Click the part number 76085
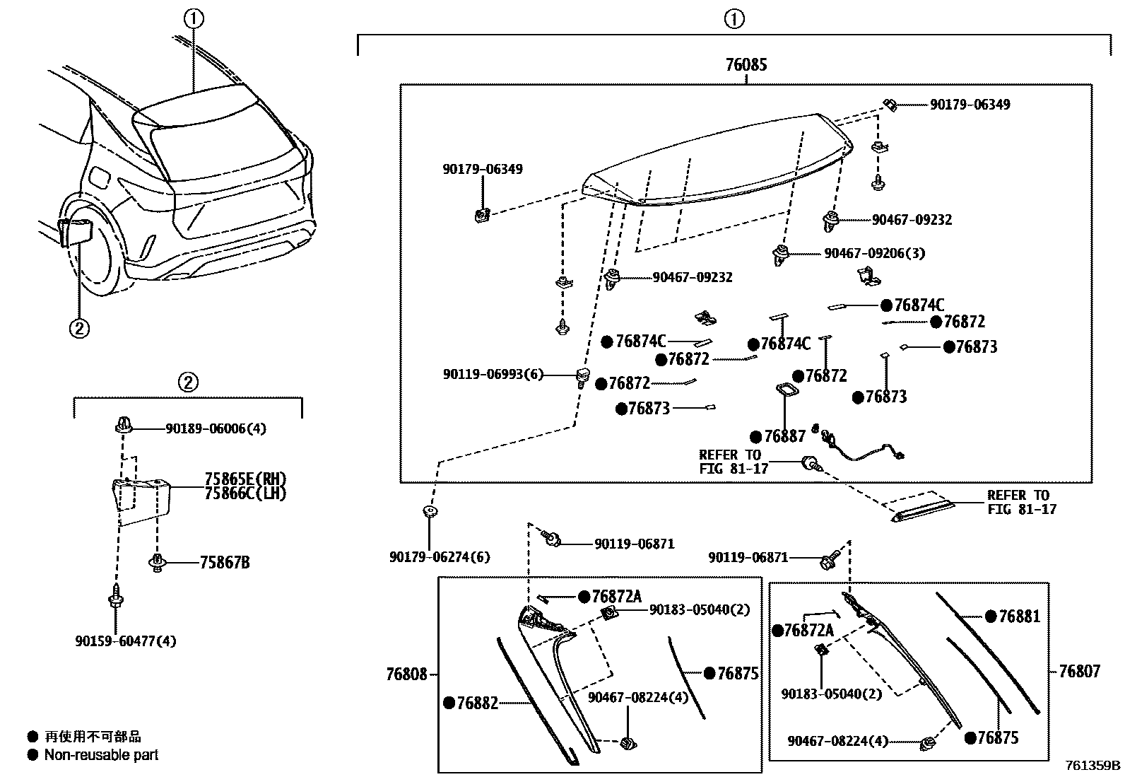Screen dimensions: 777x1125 (746, 65)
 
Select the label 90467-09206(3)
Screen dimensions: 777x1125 (874, 253)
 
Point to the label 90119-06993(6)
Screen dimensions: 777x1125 (493, 374)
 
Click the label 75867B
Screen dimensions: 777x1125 (224, 563)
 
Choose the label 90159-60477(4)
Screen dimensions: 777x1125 (125, 641)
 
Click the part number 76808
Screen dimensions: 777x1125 (406, 674)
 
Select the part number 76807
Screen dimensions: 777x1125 (1079, 671)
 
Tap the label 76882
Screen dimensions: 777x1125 (477, 703)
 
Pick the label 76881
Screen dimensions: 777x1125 (1019, 617)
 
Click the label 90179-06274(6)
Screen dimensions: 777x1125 (439, 557)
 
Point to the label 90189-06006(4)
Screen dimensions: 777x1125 (216, 428)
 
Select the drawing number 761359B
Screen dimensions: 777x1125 (1093, 765)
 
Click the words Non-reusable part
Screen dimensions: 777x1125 (101, 755)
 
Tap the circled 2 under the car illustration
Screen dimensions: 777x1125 (79, 328)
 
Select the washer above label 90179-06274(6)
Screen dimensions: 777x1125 (428, 510)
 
